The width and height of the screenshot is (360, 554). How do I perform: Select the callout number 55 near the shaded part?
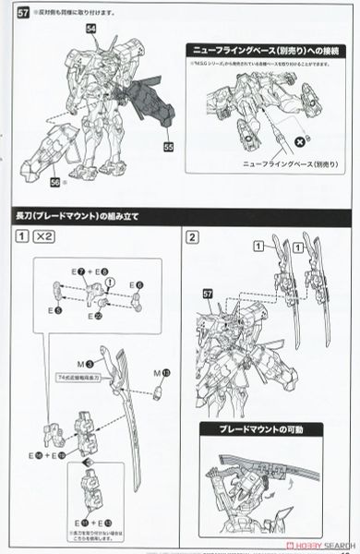[x=169, y=146]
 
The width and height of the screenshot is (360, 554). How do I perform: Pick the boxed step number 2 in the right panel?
[x=191, y=237]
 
